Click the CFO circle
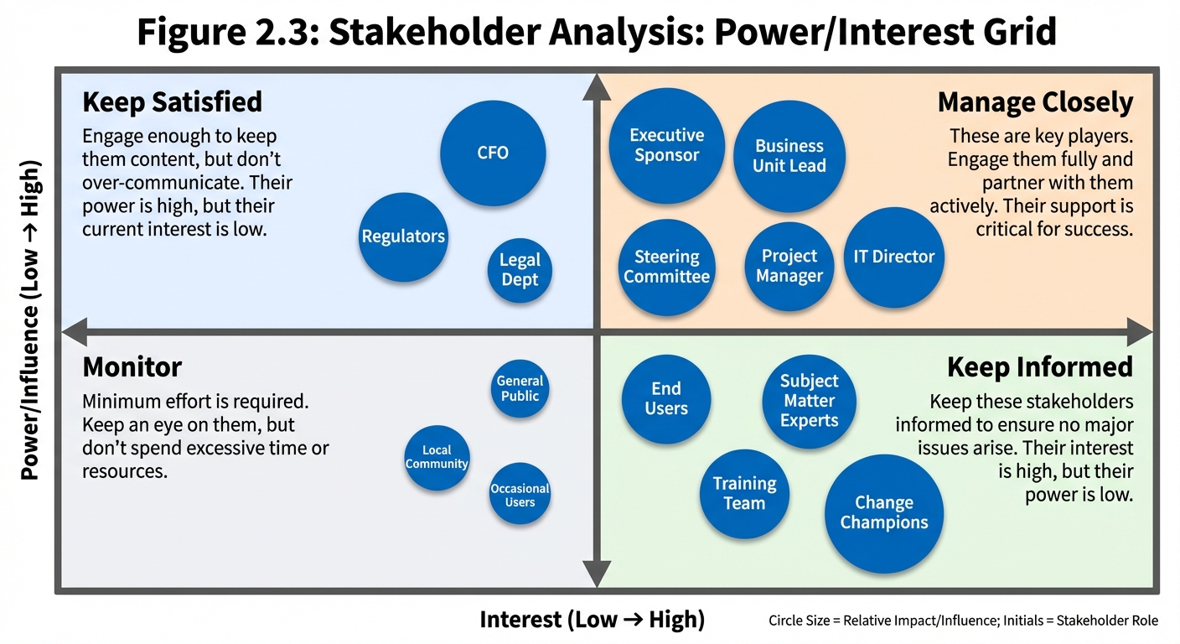tap(493, 153)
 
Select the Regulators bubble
tap(403, 237)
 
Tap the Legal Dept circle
tap(520, 270)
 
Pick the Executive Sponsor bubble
tap(666, 146)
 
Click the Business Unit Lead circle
tap(789, 157)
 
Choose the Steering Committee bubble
tap(666, 267)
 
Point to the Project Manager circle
tap(789, 267)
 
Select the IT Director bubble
tap(893, 257)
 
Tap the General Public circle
tap(520, 388)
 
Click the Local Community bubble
tap(437, 458)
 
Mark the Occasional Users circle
tap(520, 495)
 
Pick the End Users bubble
tap(666, 398)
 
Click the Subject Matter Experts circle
tap(809, 401)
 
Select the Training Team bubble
tap(744, 494)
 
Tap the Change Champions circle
tap(884, 513)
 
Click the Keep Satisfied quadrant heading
tap(172, 102)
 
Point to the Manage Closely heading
tap(1035, 102)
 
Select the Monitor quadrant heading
tap(132, 367)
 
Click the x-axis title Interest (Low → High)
tap(592, 620)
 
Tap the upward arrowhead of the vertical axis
tap(596, 86)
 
